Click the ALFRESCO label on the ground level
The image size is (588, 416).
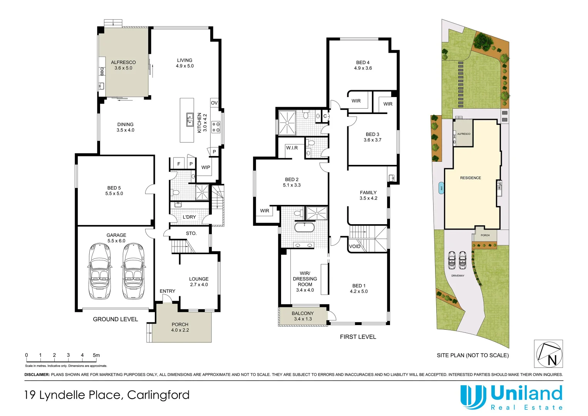[123, 62]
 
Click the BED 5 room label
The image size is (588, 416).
[114, 188]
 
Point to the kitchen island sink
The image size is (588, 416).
[190, 120]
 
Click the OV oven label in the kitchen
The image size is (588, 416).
[214, 103]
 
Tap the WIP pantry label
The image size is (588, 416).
[206, 168]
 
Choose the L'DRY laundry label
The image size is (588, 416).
[189, 217]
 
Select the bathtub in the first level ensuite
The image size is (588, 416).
[305, 227]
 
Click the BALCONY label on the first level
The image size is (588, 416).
[303, 314]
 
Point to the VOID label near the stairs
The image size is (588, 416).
[355, 247]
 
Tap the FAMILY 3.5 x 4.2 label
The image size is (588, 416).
[368, 195]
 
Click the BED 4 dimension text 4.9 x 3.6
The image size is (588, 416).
[363, 68]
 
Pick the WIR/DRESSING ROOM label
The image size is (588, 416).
[305, 279]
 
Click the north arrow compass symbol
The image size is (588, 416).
[548, 354]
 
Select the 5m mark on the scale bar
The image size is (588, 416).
[96, 355]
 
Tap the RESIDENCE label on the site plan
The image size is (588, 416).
[470, 178]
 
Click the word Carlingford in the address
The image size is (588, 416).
[158, 395]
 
